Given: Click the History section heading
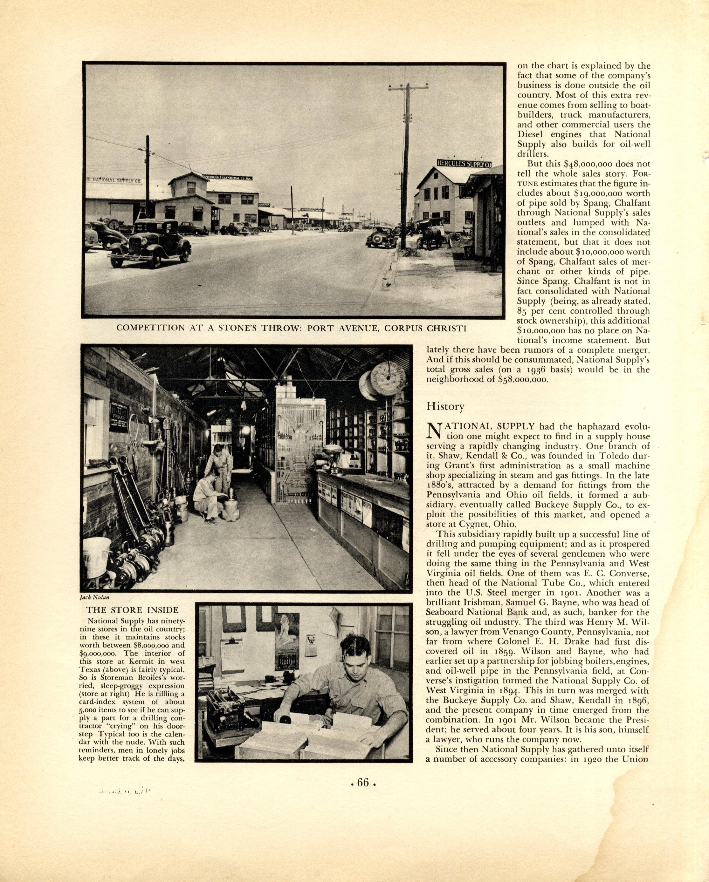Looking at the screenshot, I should (x=445, y=406).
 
